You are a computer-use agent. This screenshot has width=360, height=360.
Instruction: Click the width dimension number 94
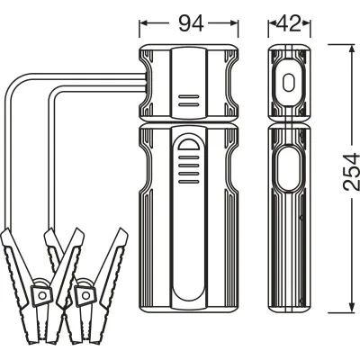coord(191,23)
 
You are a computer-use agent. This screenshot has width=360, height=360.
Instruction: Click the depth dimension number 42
coord(289,23)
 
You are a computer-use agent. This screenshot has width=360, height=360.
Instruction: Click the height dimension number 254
coord(352,172)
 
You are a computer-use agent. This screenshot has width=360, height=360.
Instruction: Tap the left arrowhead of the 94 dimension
coord(144,23)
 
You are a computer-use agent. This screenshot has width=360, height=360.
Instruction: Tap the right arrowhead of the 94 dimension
coord(234,23)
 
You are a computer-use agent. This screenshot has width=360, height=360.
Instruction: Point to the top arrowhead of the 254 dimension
coord(352,49)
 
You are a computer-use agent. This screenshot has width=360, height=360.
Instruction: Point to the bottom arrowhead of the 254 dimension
coord(352,307)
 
